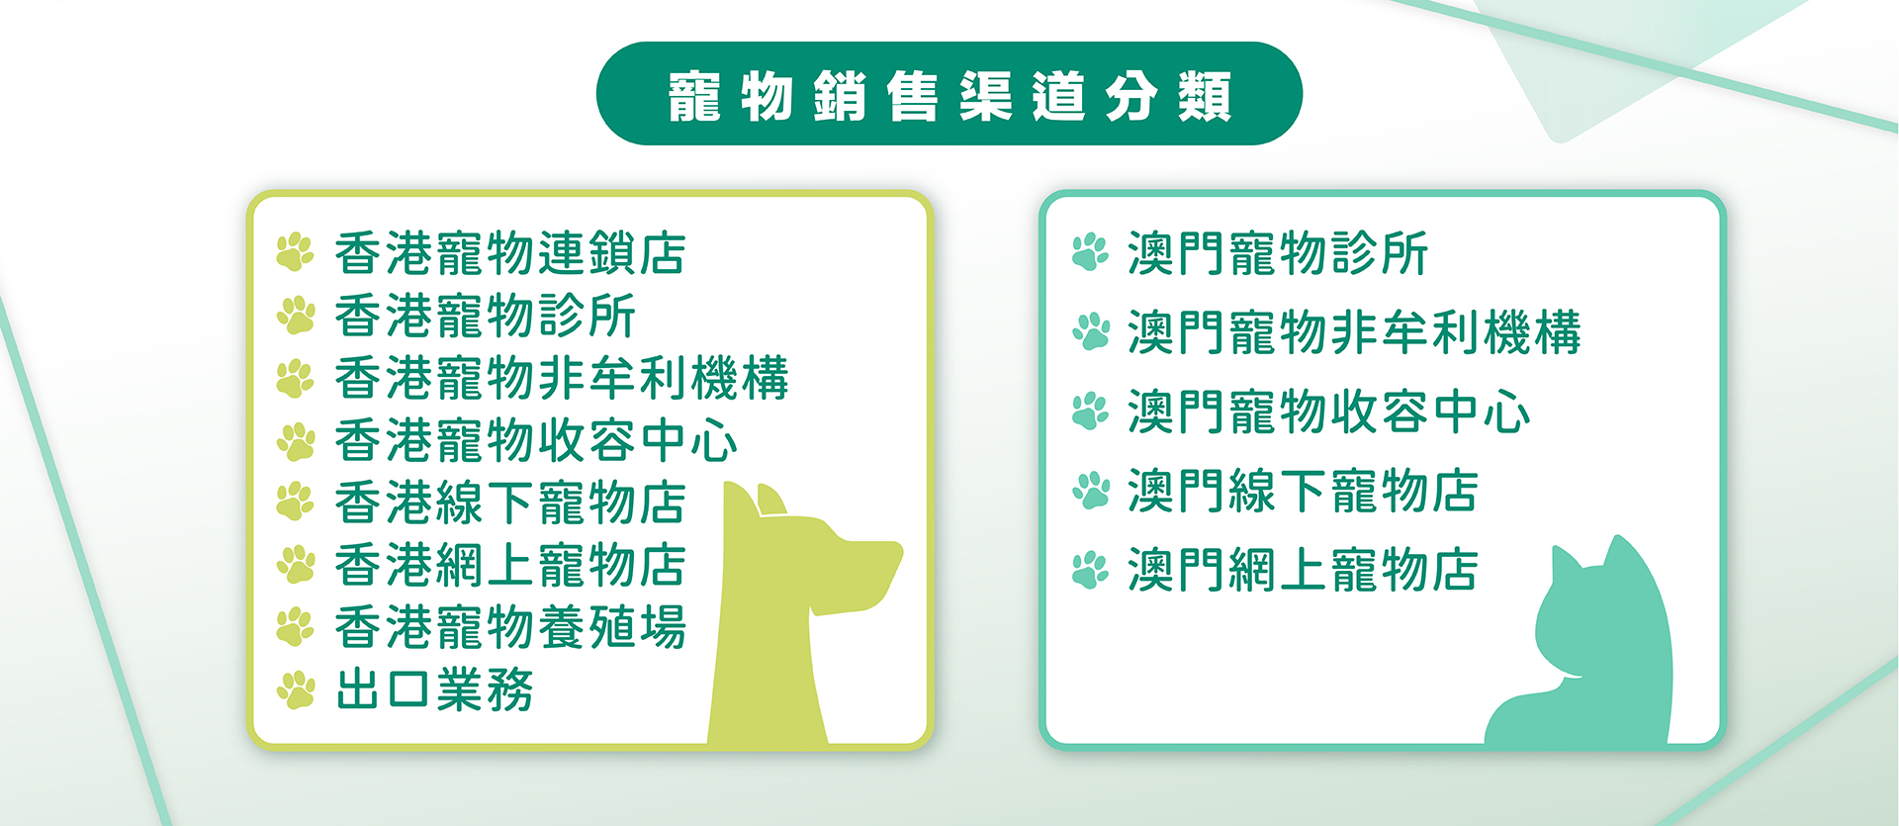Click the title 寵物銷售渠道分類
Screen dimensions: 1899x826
click(949, 96)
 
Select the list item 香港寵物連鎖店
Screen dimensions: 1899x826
click(510, 253)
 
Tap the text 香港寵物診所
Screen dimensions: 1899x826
click(485, 316)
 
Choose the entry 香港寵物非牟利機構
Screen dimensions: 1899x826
click(562, 378)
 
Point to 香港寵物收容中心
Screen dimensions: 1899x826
click(536, 440)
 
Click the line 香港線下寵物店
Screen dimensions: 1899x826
click(510, 503)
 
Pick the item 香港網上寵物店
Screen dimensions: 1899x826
click(510, 565)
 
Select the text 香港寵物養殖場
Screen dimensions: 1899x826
click(510, 627)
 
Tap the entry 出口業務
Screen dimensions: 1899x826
click(434, 689)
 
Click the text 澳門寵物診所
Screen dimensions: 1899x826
click(1278, 253)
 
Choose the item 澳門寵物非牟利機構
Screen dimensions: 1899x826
click(1354, 332)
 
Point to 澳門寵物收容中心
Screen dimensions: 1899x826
click(1328, 412)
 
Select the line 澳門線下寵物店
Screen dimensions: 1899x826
click(1303, 491)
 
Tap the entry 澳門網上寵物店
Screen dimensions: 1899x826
click(1303, 570)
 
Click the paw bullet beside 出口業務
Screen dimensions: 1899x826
click(296, 690)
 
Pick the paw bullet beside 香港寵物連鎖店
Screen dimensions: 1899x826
click(296, 252)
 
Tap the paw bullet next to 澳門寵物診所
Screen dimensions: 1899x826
click(1091, 252)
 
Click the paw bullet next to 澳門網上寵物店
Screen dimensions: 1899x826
click(1091, 570)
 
